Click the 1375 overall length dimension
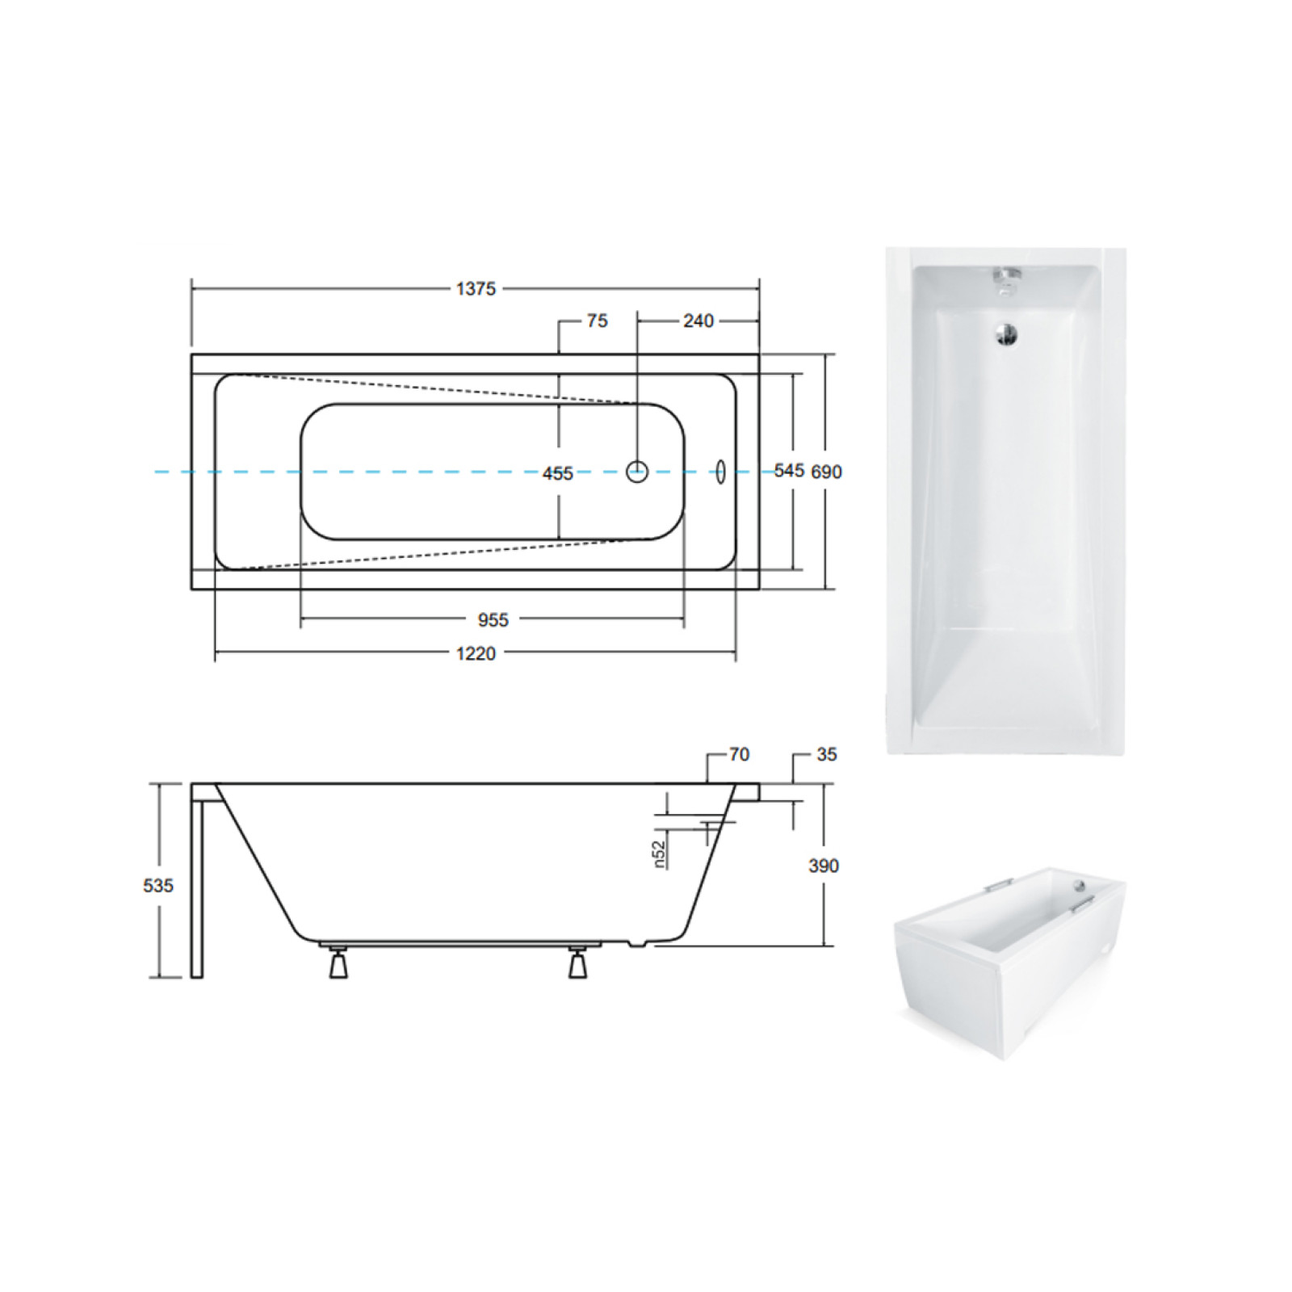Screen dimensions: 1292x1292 [x=476, y=288]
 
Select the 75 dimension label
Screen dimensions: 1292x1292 [x=597, y=321]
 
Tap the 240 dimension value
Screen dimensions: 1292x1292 [x=698, y=321]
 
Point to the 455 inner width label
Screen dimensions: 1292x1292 [x=558, y=473]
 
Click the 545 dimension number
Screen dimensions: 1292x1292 [x=789, y=471]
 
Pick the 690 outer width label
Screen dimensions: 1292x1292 [x=826, y=472]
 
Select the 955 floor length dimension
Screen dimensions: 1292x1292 [x=493, y=619]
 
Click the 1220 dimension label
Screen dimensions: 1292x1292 [x=476, y=653]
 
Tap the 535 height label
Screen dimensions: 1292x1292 [x=158, y=886]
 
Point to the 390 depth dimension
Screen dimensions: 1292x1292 [x=824, y=866]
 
